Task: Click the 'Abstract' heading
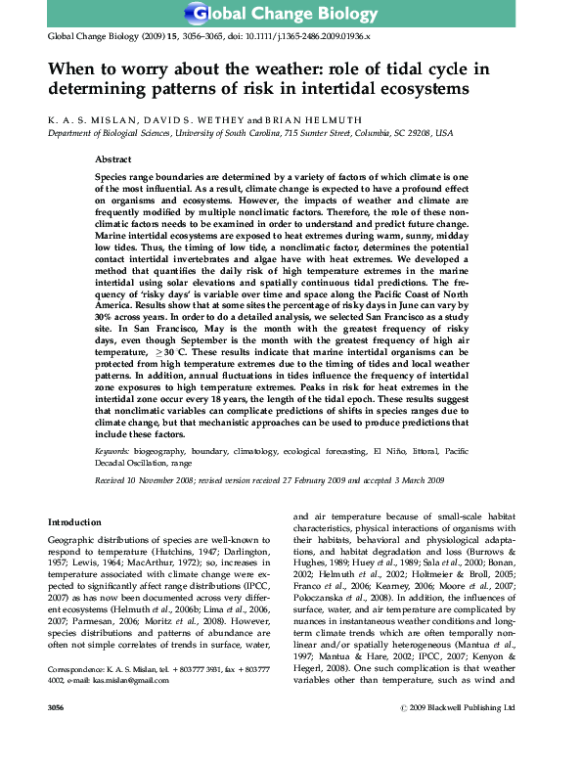[x=114, y=158]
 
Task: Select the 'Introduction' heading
[x=74, y=523]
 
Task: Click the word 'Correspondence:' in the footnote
[x=77, y=697]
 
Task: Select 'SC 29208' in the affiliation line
[x=414, y=132]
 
